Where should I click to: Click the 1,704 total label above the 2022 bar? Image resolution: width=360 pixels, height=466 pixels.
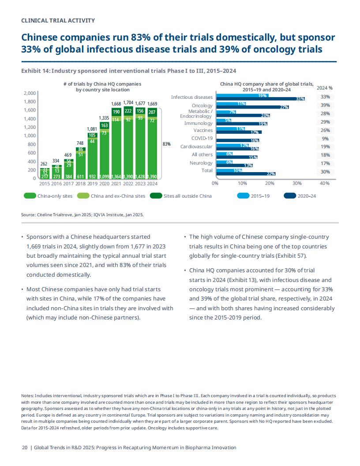[128, 103]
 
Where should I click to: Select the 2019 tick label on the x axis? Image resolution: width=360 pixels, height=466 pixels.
[92, 184]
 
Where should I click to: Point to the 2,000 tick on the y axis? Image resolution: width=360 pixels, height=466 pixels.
[30, 93]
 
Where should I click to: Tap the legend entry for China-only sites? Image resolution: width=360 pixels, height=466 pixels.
[48, 196]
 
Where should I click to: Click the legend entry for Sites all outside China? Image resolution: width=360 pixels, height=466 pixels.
[181, 196]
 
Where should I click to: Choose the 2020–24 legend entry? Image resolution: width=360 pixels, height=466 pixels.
[300, 196]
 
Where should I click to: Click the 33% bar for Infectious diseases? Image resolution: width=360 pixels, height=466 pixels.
[260, 99]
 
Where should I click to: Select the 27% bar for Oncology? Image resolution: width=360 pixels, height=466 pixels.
[252, 107]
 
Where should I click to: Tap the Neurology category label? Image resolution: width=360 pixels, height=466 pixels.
[201, 163]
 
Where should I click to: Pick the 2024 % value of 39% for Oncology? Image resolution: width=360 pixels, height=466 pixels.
[325, 105]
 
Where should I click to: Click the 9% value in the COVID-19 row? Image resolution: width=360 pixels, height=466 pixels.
[325, 139]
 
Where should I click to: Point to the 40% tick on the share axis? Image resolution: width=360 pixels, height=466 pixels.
[325, 184]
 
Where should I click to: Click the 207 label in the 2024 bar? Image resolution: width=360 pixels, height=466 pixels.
[152, 113]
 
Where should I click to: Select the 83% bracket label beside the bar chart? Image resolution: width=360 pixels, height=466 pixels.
[167, 144]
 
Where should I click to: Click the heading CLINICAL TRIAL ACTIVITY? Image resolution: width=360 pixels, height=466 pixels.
[58, 20]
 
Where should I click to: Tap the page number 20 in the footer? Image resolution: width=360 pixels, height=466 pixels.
[25, 447]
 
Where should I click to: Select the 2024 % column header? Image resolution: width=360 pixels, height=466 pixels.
[325, 88]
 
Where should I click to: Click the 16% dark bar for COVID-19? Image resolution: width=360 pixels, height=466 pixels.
[238, 140]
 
